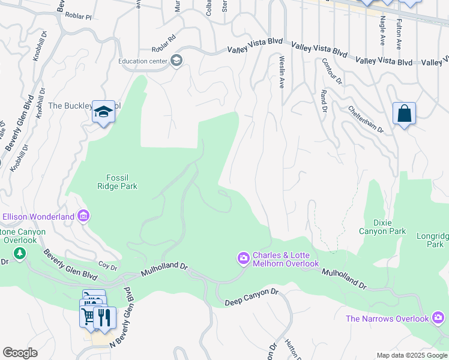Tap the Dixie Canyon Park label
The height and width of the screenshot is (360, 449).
coord(382,227)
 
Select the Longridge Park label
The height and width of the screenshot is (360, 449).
coord(432,240)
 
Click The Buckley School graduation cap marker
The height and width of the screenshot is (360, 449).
coord(103,112)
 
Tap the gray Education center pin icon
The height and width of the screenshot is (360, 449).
coord(176,61)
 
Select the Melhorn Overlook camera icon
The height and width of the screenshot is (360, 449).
coord(244,258)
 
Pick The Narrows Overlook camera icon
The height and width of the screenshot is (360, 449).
coord(439,317)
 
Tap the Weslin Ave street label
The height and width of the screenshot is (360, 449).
coord(281,72)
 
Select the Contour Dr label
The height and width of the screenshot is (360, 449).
coord(331,71)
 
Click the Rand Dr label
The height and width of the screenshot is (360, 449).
coord(324,101)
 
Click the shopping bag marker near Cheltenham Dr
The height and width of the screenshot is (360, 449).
coord(404,113)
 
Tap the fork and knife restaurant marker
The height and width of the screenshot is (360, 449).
coord(104,317)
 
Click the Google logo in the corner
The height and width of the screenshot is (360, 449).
coord(20,353)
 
